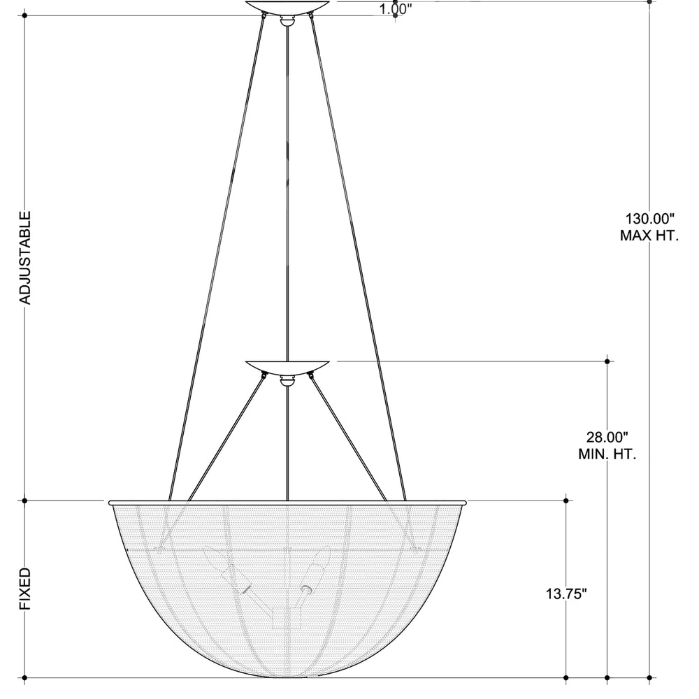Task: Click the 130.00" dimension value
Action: (650, 219)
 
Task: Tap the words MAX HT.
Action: (649, 236)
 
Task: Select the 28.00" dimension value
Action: (607, 437)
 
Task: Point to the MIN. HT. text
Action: (607, 454)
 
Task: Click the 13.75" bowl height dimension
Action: (566, 593)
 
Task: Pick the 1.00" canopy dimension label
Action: (395, 9)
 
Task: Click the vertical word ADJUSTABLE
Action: (26, 258)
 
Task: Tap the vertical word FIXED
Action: (26, 589)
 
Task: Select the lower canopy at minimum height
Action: (288, 368)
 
